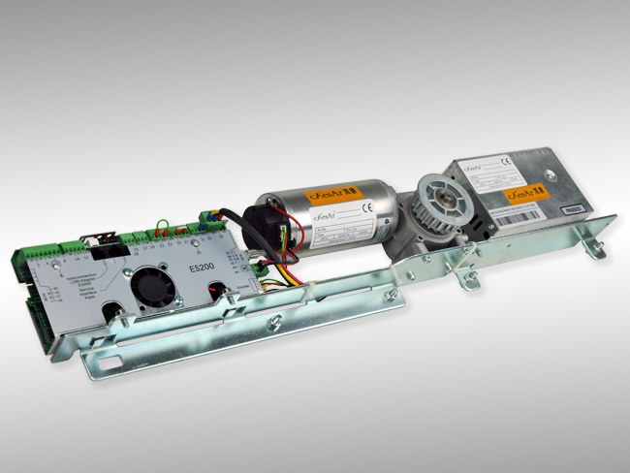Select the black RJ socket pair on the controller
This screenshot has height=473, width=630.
pos(106,243)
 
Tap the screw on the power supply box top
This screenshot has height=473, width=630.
pos(547,176)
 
